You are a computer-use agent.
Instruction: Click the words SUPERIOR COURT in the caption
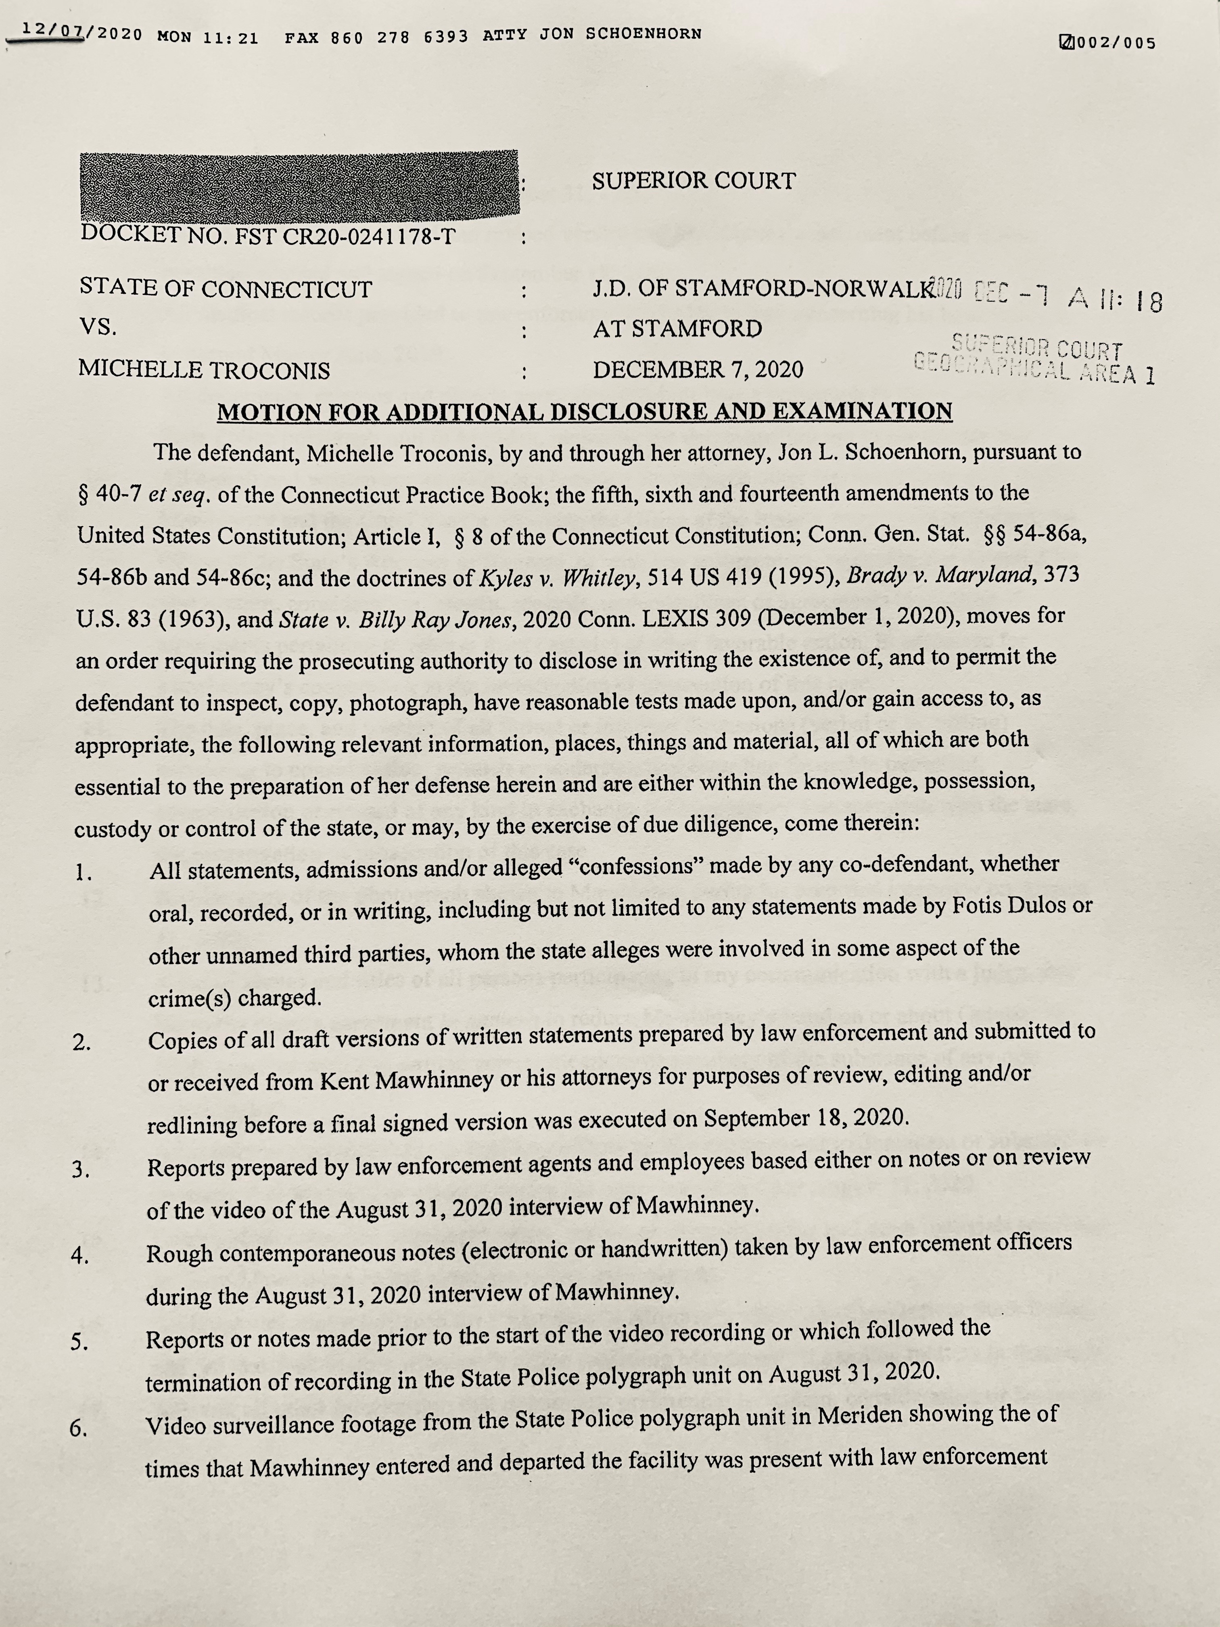[694, 181]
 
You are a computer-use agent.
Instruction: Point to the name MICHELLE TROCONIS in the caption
[205, 369]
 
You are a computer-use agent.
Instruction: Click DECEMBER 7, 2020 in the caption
[698, 368]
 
